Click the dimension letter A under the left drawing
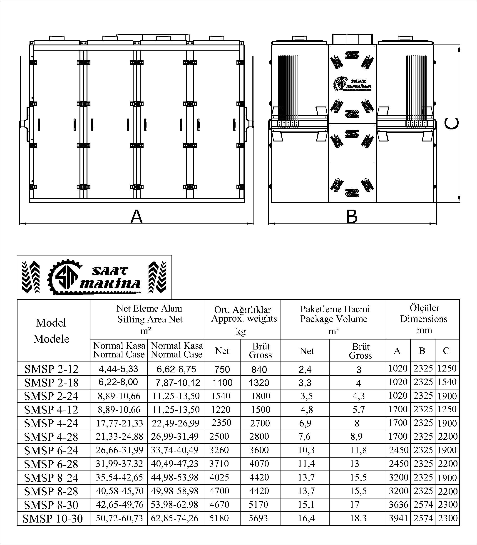coord(137,217)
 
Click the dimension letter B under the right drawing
coord(352,217)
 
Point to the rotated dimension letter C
coord(452,124)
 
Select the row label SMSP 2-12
coord(51,369)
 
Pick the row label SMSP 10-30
coord(53,518)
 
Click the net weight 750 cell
coord(222,369)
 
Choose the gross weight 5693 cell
coord(258,518)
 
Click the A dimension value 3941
coord(398,518)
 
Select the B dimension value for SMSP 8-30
coord(423,505)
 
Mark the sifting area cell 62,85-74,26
coord(175,518)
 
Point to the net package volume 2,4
coord(305,369)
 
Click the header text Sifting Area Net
coord(150,319)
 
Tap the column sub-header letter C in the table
coord(446,351)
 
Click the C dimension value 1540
coord(447,382)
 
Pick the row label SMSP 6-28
coord(51,464)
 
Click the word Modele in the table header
coord(51,339)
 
